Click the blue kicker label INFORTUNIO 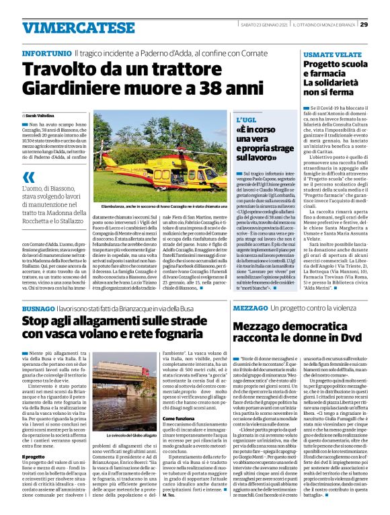[46, 52]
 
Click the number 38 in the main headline [205, 87]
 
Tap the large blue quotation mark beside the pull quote [28, 178]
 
